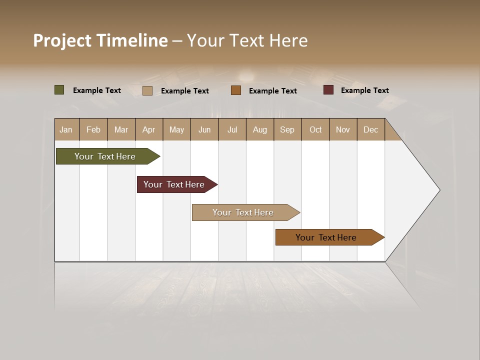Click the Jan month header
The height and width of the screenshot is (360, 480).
coord(66,129)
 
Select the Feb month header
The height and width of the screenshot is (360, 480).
coord(93,129)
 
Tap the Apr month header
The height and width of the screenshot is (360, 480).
coord(148,129)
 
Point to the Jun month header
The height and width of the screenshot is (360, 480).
coord(204,129)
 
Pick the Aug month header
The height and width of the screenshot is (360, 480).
coord(259,129)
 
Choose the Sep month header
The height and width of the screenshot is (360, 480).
coord(287,129)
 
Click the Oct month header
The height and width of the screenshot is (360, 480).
coord(315,129)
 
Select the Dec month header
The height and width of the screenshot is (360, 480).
coord(370,129)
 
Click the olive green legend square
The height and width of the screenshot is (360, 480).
coord(59,90)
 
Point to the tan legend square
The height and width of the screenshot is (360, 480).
coord(147,90)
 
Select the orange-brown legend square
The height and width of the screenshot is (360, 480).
coord(236,90)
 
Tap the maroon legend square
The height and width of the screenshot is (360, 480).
coord(328,90)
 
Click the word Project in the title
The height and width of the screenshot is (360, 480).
coord(62,40)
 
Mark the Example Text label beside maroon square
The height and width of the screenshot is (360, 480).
coord(364,90)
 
